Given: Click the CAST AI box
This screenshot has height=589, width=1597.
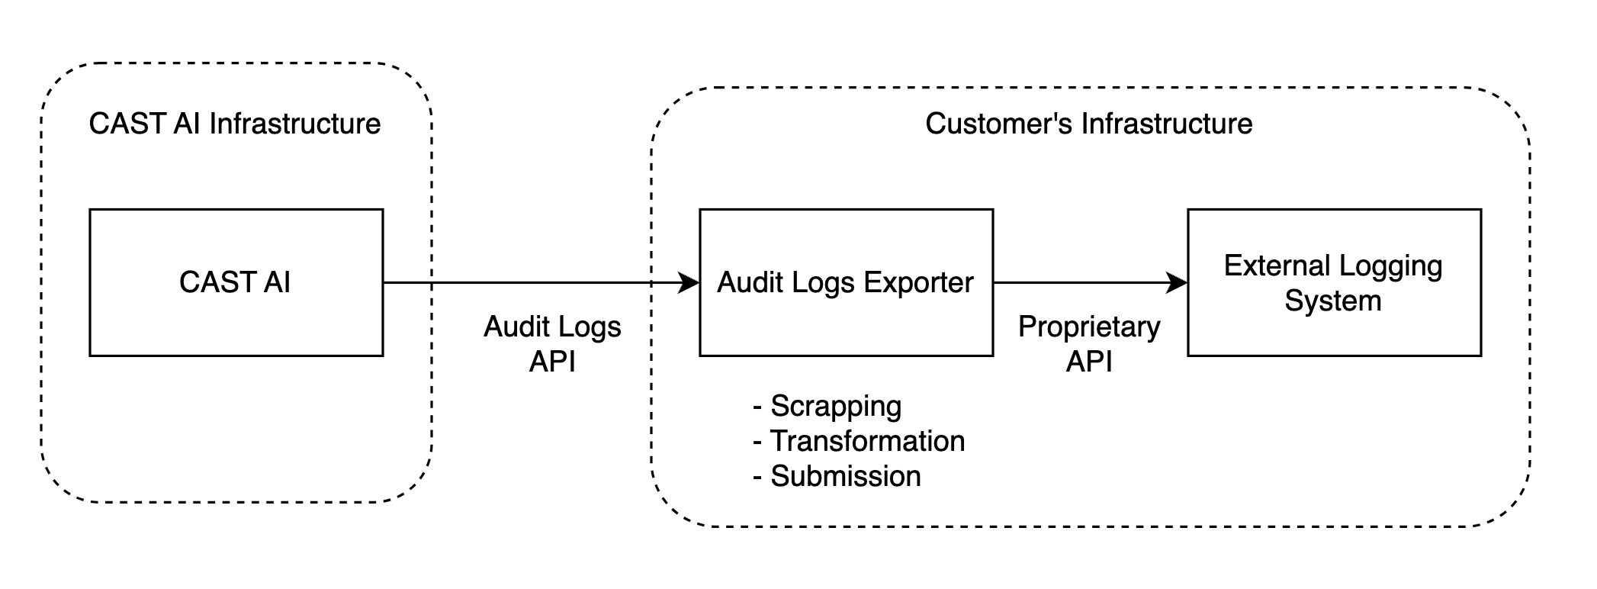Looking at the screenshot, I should click(236, 282).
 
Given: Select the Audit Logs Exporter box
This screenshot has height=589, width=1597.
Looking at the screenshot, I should click(846, 282).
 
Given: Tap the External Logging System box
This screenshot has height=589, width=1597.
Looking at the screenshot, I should click(1334, 282).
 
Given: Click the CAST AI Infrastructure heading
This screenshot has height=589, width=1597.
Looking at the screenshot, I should click(235, 124).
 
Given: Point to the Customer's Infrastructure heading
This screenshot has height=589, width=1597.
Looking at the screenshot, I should click(1088, 124).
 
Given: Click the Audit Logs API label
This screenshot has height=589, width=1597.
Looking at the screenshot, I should click(552, 343).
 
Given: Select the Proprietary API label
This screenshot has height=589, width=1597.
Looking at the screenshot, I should click(1089, 343).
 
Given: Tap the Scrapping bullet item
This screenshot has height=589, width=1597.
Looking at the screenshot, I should click(827, 406).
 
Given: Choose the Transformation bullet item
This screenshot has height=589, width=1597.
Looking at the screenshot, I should click(859, 441).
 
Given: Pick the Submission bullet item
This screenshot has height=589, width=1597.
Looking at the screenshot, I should click(837, 476).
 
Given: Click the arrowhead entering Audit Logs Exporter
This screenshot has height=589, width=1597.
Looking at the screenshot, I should click(689, 283).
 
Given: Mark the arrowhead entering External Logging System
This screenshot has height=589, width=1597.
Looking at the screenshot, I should click(1178, 283).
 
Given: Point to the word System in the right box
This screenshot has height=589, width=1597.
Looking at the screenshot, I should click(1333, 301).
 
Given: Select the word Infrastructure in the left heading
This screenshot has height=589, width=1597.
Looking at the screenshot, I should click(295, 124).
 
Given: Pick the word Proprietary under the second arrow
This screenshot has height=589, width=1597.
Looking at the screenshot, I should click(1089, 327).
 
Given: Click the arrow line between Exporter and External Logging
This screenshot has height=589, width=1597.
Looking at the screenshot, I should click(1083, 283).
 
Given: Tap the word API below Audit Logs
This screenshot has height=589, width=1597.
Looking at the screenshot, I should click(552, 361).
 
